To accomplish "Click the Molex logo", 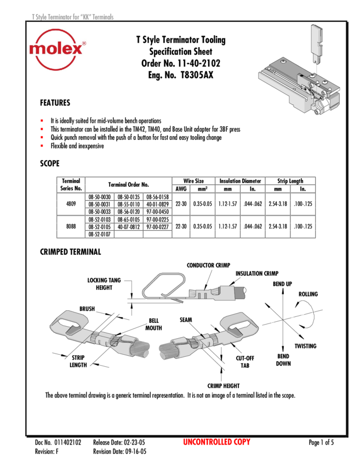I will [58, 49].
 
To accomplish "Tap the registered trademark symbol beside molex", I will [83, 42].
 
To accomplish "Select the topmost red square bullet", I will [42, 120].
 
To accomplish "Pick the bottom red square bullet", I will [42, 145].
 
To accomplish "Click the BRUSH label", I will [87, 309].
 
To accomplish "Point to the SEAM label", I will [186, 319].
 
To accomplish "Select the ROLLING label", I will [308, 294].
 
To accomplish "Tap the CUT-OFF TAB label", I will [244, 362].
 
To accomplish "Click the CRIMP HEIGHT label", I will [224, 386].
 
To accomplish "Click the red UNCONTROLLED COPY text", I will [216, 442].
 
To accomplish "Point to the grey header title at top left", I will [72, 18].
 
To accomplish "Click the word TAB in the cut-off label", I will [244, 366].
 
